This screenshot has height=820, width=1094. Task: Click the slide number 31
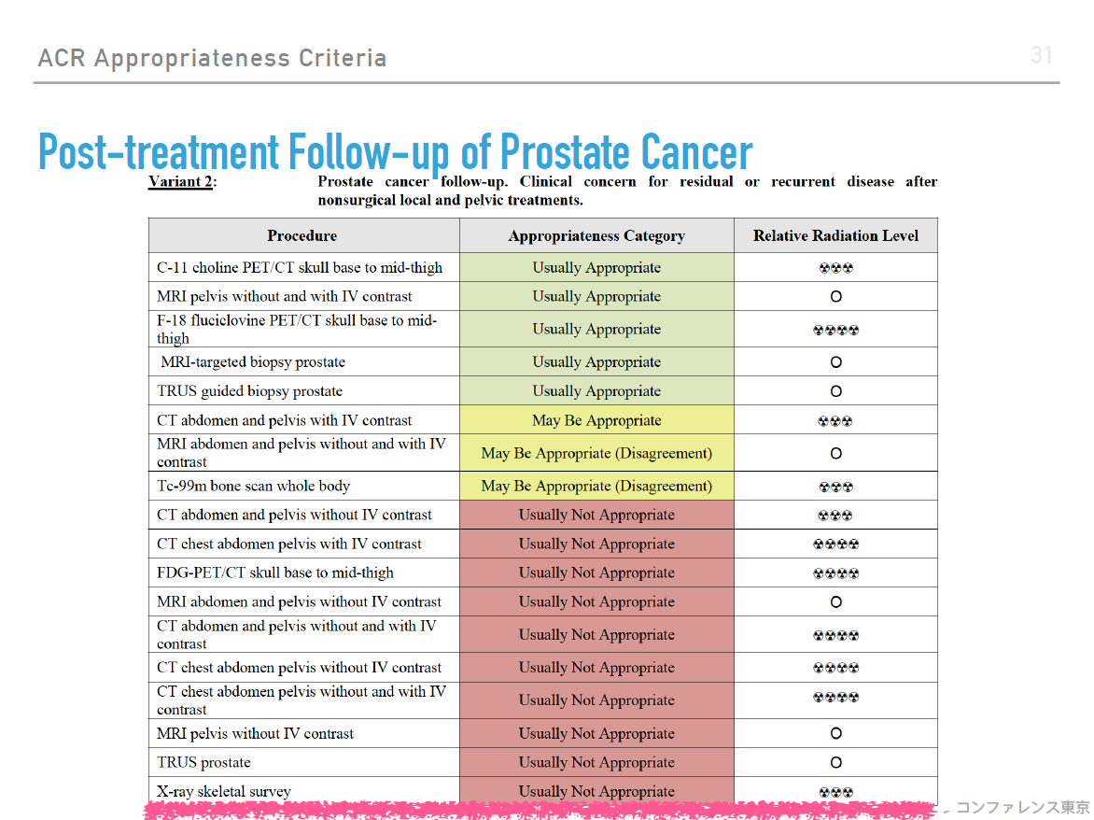coord(1041,55)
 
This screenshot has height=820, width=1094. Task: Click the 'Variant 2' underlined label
coord(180,181)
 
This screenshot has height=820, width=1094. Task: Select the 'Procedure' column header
coord(302,236)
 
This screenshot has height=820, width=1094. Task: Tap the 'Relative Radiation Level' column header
coord(835,236)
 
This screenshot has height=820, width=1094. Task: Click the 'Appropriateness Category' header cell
coord(596,236)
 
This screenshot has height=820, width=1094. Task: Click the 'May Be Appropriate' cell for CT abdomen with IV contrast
coord(596,420)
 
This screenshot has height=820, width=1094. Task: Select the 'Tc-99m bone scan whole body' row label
coord(253,486)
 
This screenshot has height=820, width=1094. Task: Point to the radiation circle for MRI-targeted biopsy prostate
coord(835,362)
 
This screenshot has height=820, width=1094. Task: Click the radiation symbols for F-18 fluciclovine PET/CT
coord(835,330)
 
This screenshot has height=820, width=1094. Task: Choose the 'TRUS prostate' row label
coord(203,762)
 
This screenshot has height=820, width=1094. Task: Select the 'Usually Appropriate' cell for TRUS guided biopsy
coord(596,390)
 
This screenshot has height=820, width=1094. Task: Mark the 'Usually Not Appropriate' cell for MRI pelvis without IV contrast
coord(596,733)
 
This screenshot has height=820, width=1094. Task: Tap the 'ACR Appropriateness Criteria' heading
coord(212,58)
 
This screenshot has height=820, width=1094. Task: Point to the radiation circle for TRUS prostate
coord(835,763)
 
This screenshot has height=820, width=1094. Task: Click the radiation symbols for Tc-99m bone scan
coord(835,488)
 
